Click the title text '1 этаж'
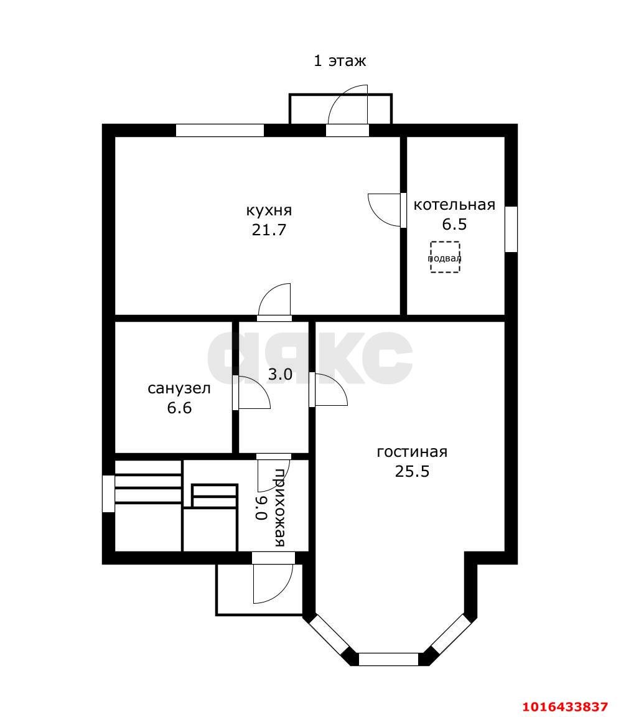tap(339, 61)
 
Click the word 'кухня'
tap(269, 210)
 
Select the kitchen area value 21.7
tap(269, 230)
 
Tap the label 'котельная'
tap(454, 205)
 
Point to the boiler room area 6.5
tap(454, 224)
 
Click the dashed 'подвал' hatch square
tap(445, 257)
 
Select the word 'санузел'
tap(179, 389)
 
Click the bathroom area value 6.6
tap(179, 408)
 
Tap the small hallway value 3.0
tap(280, 375)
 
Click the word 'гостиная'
tap(412, 452)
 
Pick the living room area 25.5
tap(412, 471)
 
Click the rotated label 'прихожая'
tap(281, 507)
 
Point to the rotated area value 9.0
tap(261, 507)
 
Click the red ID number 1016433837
tap(564, 707)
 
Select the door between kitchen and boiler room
tap(386, 210)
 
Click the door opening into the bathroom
tap(252, 393)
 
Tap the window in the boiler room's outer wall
tap(511, 229)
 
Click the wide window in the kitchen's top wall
tap(220, 131)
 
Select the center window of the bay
tap(389, 659)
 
